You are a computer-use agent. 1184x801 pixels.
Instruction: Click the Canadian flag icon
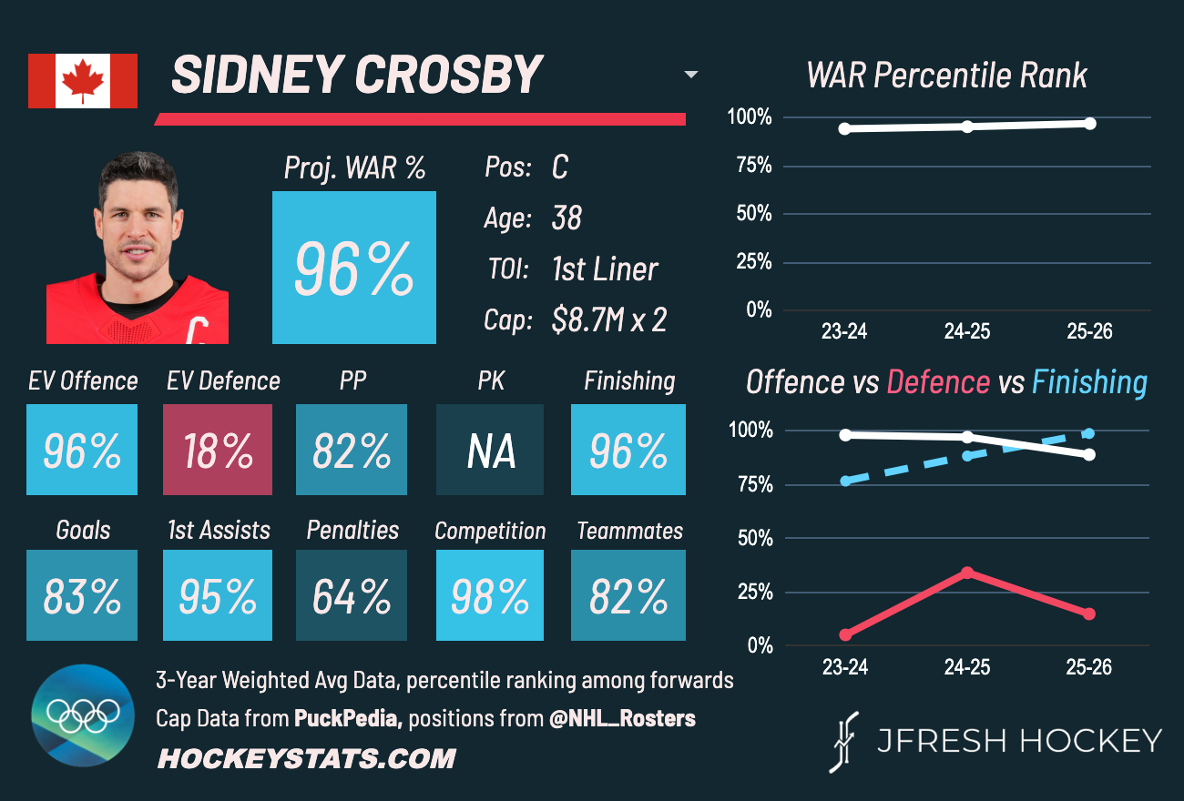83,81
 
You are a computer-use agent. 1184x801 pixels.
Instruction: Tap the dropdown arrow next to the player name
691,75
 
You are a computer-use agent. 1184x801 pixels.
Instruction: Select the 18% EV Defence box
217,450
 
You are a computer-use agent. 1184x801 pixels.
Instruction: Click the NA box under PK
490,450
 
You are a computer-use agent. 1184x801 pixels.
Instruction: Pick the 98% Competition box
490,595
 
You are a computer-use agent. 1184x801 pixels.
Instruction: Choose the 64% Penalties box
352,595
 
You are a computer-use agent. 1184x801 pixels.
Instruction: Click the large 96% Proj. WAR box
353,268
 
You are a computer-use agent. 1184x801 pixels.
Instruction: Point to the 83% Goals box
82,595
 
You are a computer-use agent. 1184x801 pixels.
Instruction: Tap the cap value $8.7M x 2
608,320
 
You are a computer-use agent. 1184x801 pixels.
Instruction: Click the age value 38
566,218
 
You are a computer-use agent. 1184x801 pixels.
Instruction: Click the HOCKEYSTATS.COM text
306,758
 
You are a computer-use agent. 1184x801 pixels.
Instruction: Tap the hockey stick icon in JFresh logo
846,741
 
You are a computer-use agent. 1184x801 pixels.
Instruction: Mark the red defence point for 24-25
967,573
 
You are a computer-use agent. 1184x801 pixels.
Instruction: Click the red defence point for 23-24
845,634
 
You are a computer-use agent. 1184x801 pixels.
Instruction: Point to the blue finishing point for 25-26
1089,433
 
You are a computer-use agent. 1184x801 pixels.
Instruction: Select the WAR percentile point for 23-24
845,128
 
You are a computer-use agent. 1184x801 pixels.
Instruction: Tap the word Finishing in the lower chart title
1089,382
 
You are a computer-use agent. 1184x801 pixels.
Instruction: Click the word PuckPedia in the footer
347,718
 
